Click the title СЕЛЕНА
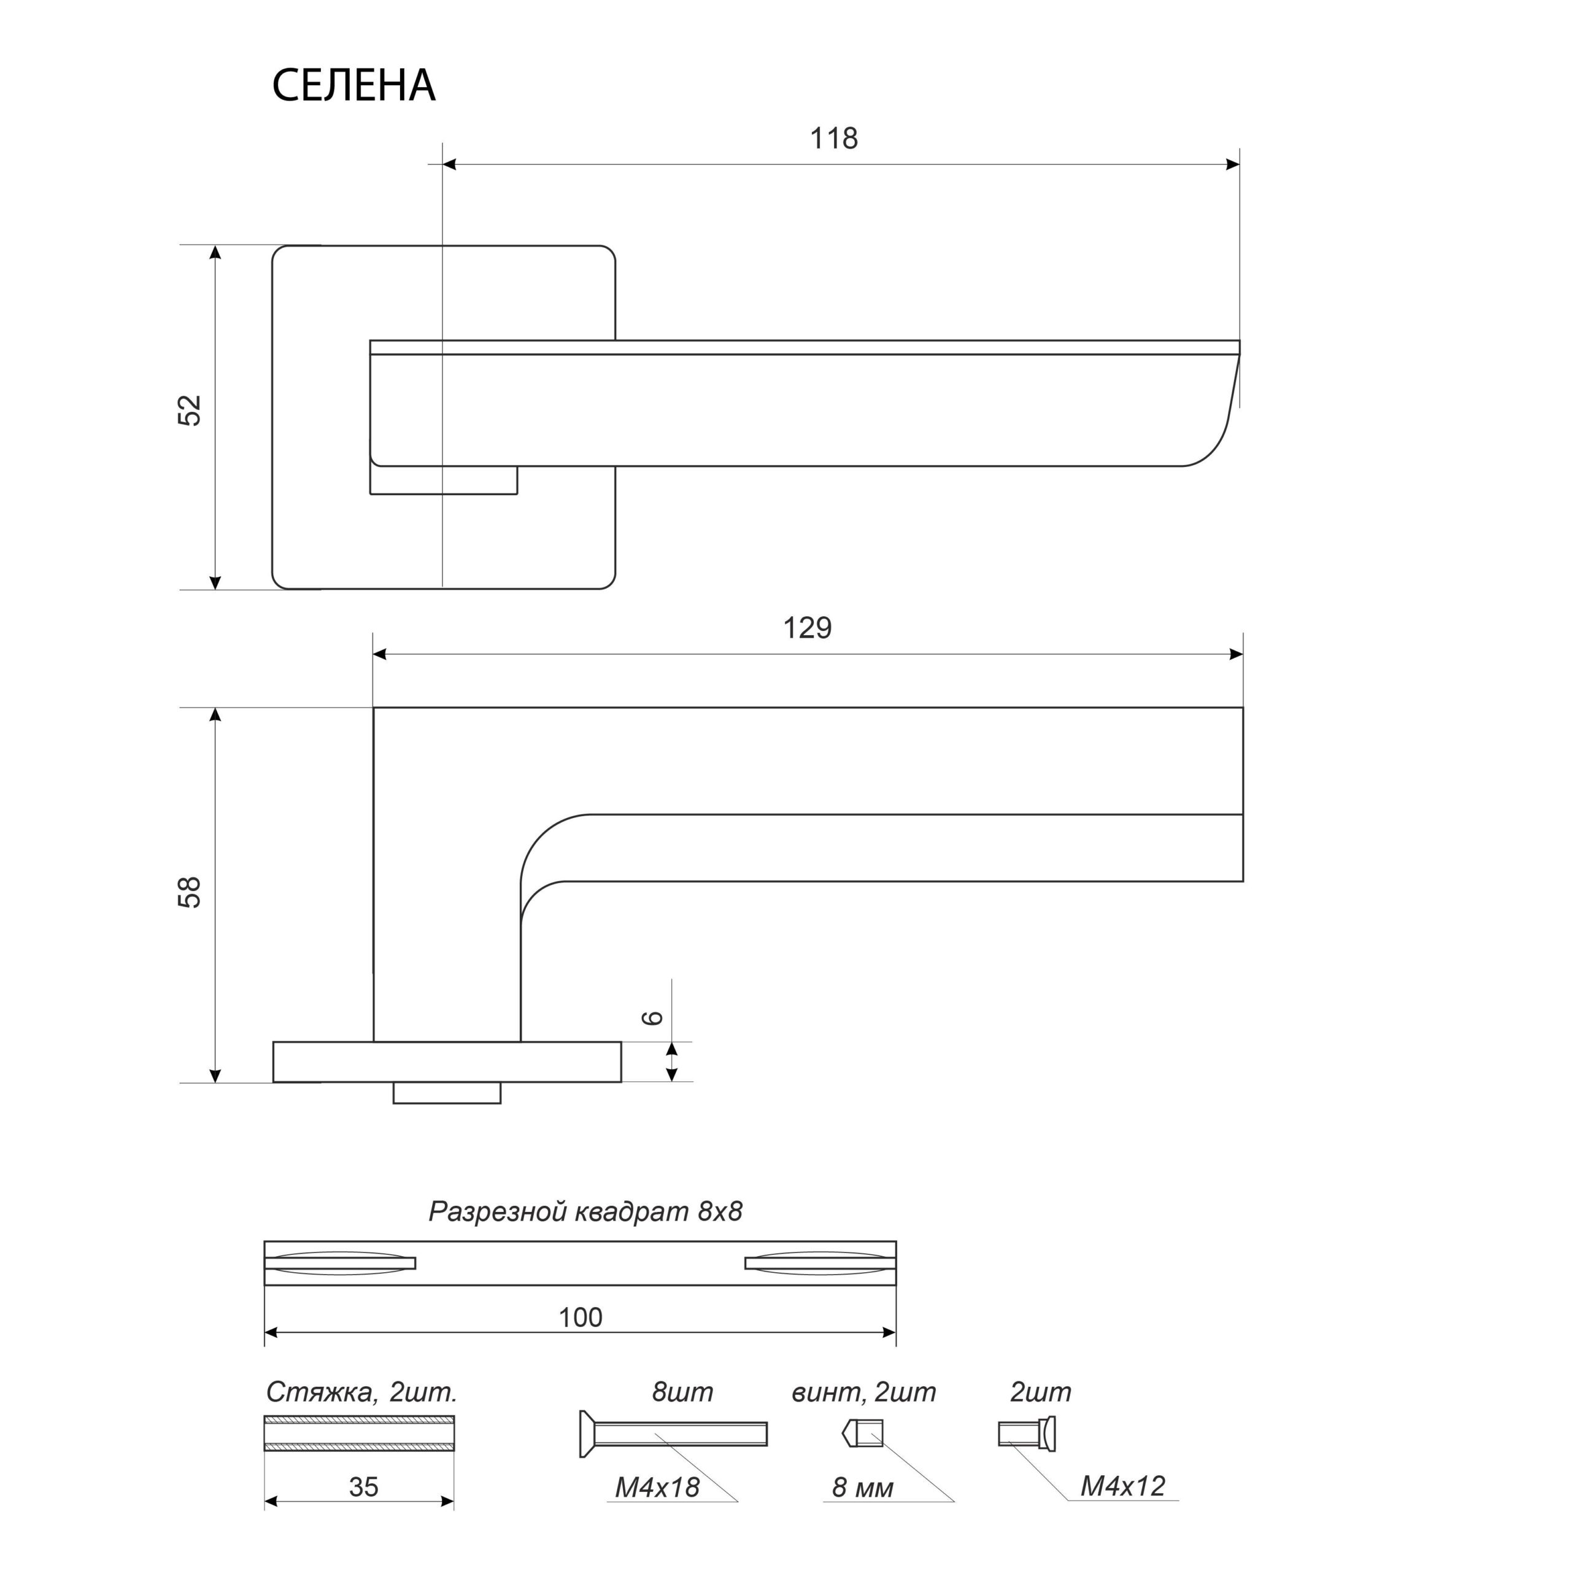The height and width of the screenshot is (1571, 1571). tap(353, 85)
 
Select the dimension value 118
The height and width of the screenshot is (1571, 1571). tap(833, 139)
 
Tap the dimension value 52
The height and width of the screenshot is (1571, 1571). tap(190, 411)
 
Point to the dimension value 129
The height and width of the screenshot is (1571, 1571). tap(808, 628)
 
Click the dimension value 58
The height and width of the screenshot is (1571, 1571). tap(190, 892)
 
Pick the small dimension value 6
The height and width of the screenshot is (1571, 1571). tap(654, 1017)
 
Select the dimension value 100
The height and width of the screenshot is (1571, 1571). tap(581, 1318)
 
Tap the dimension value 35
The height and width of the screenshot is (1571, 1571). tap(363, 1488)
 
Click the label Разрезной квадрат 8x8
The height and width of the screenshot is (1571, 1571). tap(585, 1211)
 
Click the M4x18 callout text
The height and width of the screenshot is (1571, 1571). tap(657, 1488)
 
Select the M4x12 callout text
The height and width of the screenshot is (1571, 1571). tap(1123, 1486)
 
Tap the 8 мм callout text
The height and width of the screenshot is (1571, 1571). tap(863, 1488)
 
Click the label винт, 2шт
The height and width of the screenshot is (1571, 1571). tap(863, 1392)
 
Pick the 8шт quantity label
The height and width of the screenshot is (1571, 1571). tap(682, 1392)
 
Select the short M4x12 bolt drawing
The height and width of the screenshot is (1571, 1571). tap(1027, 1434)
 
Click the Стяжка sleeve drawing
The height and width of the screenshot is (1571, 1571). tap(360, 1434)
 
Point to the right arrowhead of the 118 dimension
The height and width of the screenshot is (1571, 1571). tap(1233, 164)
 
